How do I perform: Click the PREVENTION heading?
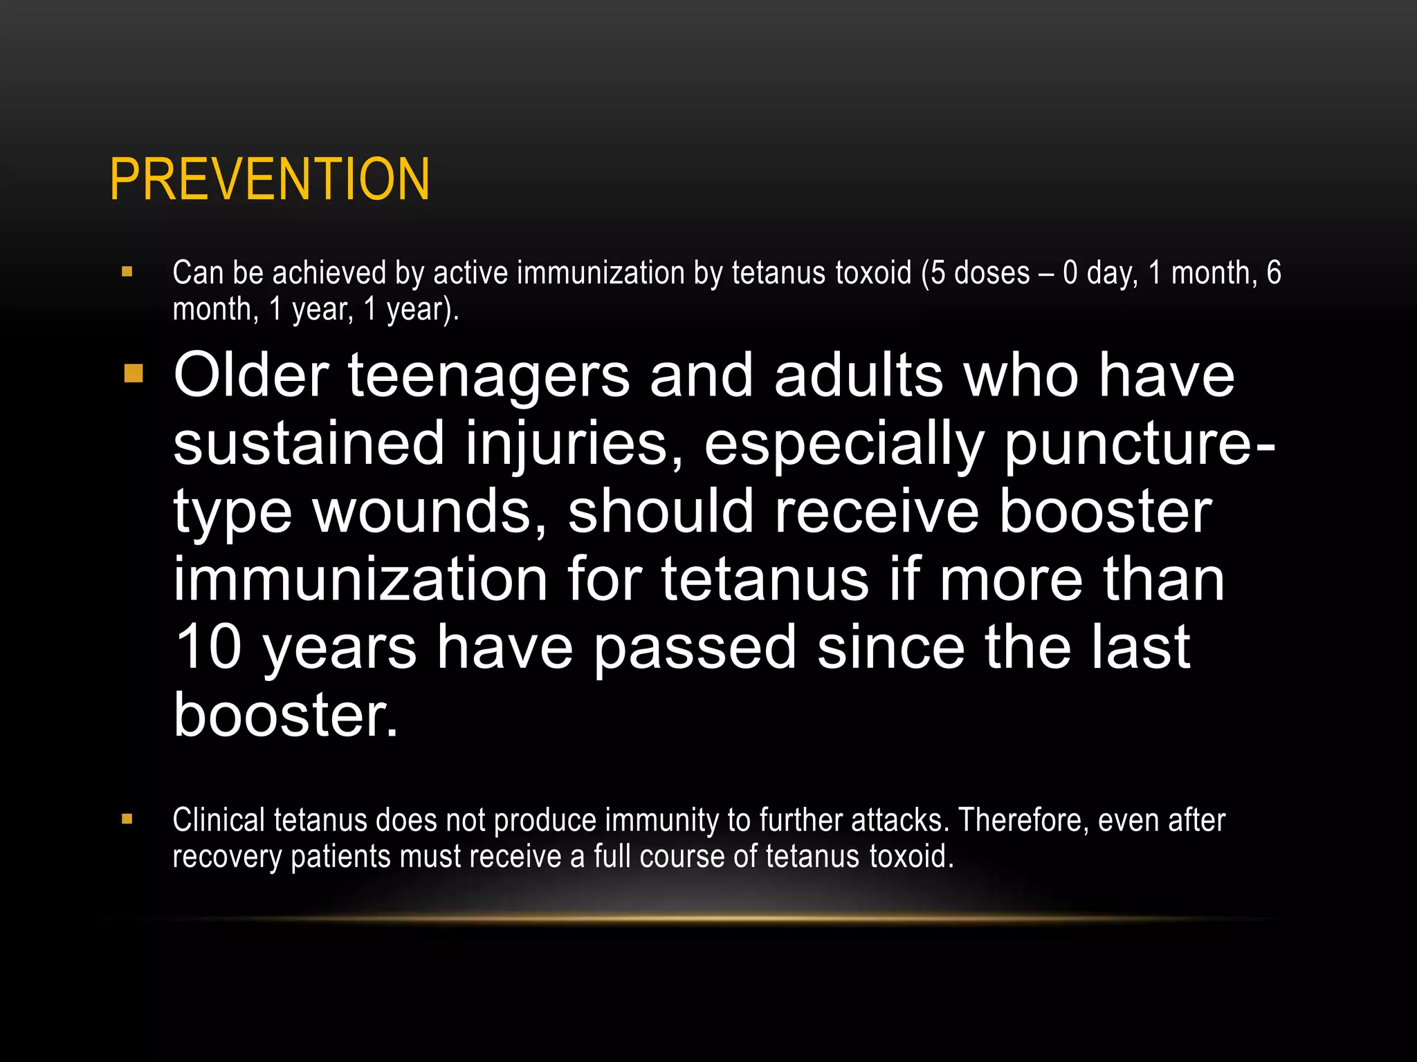[270, 180]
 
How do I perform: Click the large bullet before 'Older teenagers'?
[134, 374]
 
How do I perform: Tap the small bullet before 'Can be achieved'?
[127, 272]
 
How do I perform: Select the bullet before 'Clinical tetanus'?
[127, 819]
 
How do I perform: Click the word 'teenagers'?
[488, 377]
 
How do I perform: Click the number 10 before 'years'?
[208, 647]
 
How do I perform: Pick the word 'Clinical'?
[219, 820]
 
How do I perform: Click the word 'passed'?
[695, 649]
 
